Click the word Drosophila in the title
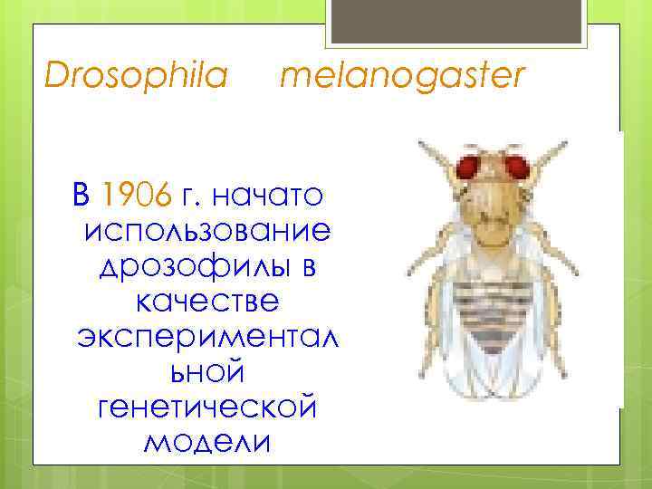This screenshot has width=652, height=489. click(136, 76)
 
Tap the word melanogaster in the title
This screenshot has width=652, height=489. click(402, 76)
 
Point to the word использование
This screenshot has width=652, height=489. click(207, 231)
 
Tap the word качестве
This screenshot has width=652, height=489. click(207, 305)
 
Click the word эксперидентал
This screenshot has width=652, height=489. click(207, 342)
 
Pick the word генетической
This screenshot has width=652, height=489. click(207, 407)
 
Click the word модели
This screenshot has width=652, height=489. click(207, 444)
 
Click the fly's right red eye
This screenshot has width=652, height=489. click(517, 167)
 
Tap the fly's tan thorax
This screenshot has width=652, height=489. click(494, 226)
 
